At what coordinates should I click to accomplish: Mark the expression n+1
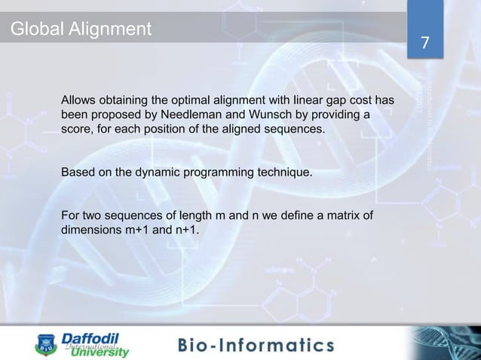[x=186, y=230]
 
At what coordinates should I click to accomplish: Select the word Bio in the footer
[x=198, y=346]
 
